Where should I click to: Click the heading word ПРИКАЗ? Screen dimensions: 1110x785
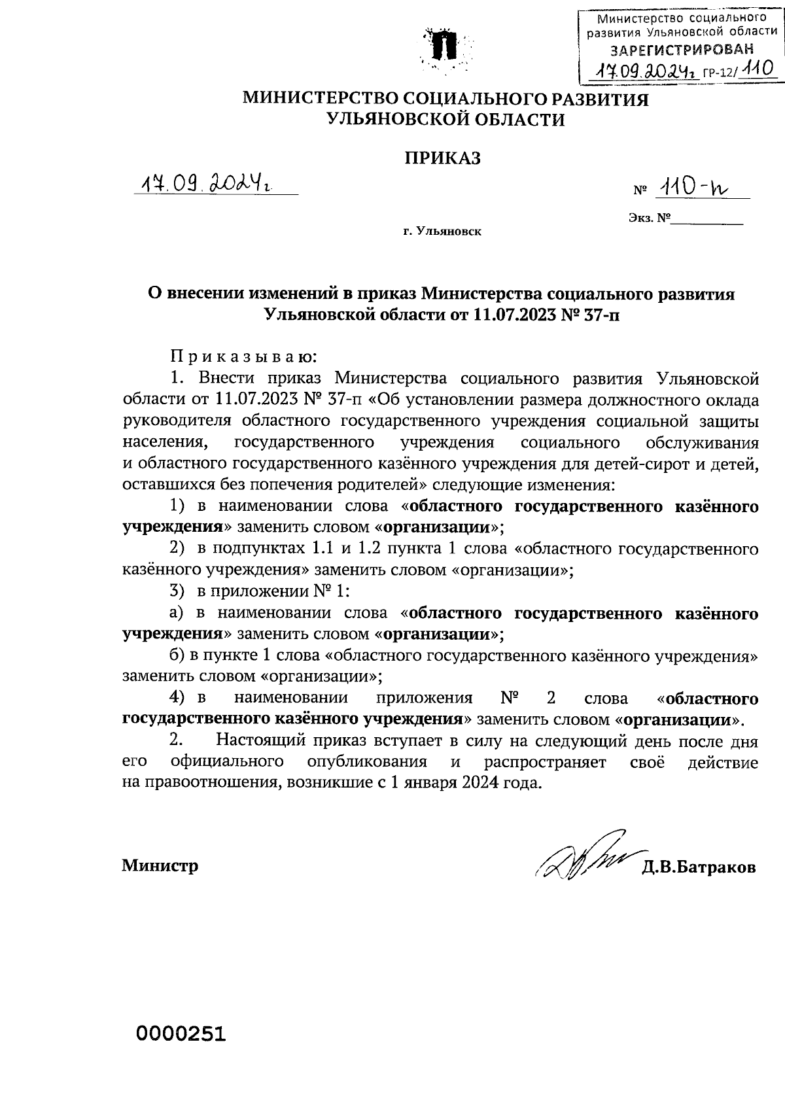443,158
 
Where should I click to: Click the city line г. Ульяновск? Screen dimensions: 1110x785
442,232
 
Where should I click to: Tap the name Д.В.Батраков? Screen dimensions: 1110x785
699,867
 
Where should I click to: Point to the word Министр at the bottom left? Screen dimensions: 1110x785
160,866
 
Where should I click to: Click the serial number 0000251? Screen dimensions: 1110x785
181,1034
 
